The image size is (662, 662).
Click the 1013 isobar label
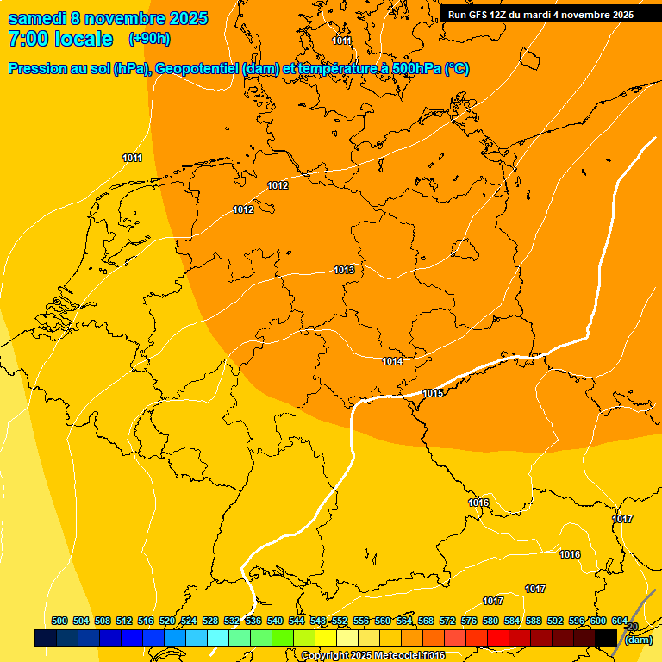point(344,270)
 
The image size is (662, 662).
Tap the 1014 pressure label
point(392,361)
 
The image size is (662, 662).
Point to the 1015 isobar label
point(433,393)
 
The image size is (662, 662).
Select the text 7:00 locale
point(59,39)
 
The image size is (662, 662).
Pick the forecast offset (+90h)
point(149,39)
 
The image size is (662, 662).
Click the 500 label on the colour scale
point(59,621)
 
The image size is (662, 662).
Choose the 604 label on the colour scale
point(620,621)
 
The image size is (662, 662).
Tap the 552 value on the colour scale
point(340,621)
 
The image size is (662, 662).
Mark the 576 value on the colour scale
point(469,621)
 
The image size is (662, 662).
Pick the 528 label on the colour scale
point(210,621)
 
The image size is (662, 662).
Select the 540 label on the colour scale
point(275,621)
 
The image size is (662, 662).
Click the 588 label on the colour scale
point(534,621)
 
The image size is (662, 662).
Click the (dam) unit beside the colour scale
point(638,640)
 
